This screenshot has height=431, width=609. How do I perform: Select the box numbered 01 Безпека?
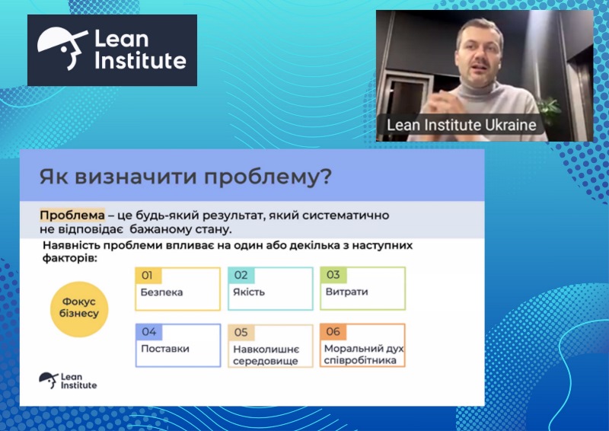[177, 289]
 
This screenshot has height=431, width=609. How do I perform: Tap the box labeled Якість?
[270, 289]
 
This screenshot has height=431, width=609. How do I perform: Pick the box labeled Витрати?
[362, 289]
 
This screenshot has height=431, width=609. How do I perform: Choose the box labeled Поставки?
[177, 346]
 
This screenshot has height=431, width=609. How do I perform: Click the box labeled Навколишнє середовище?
[270, 346]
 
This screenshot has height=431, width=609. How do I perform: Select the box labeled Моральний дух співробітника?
[362, 346]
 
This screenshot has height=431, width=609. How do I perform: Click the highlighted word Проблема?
[72, 215]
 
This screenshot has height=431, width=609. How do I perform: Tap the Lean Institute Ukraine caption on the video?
[461, 124]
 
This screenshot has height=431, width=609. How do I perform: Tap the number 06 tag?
[333, 332]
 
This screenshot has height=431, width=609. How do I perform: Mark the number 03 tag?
[333, 275]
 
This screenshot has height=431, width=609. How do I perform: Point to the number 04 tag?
[148, 332]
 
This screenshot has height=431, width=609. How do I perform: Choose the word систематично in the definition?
[349, 215]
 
